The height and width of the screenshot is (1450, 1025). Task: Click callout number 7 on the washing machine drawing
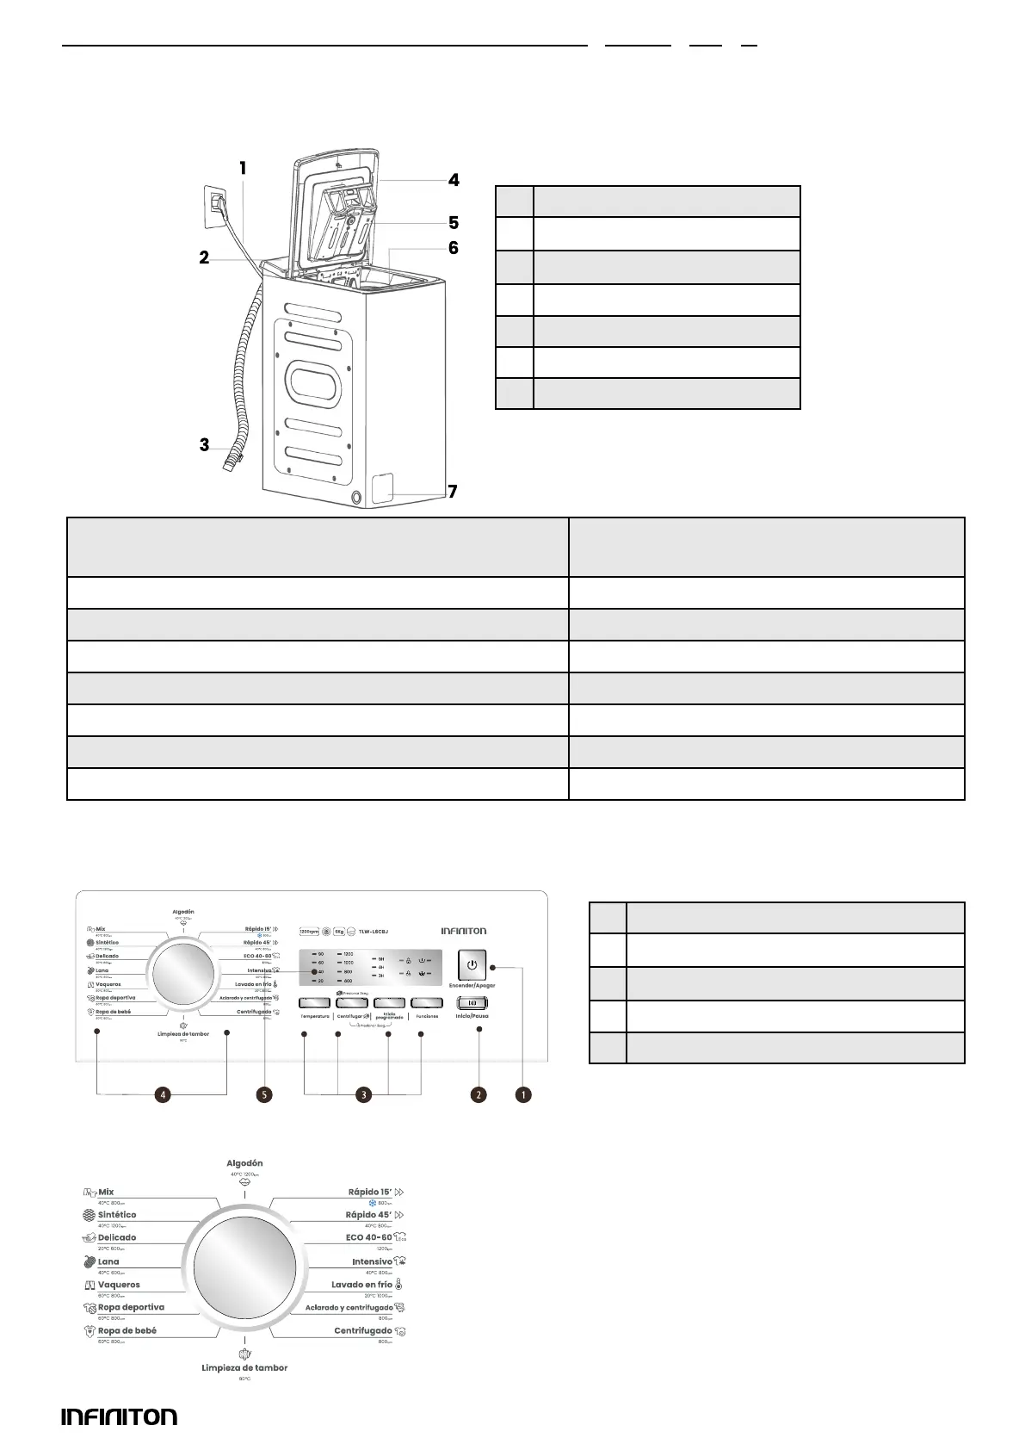coord(452,492)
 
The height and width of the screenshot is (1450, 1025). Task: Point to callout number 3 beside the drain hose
coord(204,445)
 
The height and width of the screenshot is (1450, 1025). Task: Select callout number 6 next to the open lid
coord(453,248)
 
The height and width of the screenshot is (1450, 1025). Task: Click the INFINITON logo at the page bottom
coord(120,1416)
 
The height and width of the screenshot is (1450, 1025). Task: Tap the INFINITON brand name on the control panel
coord(464,931)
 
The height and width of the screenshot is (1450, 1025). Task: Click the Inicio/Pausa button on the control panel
coord(472,1003)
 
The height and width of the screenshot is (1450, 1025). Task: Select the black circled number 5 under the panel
coord(264,1094)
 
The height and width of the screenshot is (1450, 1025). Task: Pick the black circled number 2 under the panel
coord(478,1094)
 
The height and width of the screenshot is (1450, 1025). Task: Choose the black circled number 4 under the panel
coord(163,1094)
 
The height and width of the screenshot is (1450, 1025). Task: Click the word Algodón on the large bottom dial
coord(245,1163)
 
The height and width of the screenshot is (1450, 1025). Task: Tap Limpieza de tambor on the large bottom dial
coord(244,1367)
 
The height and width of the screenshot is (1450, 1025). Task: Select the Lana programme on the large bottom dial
coord(108,1261)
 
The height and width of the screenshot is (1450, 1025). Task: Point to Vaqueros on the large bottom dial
coord(119,1285)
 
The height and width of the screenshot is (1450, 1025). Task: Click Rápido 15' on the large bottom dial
coord(369,1193)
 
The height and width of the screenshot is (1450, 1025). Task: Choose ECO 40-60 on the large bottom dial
coord(368,1237)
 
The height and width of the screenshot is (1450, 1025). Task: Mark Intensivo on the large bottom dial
coord(372,1261)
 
